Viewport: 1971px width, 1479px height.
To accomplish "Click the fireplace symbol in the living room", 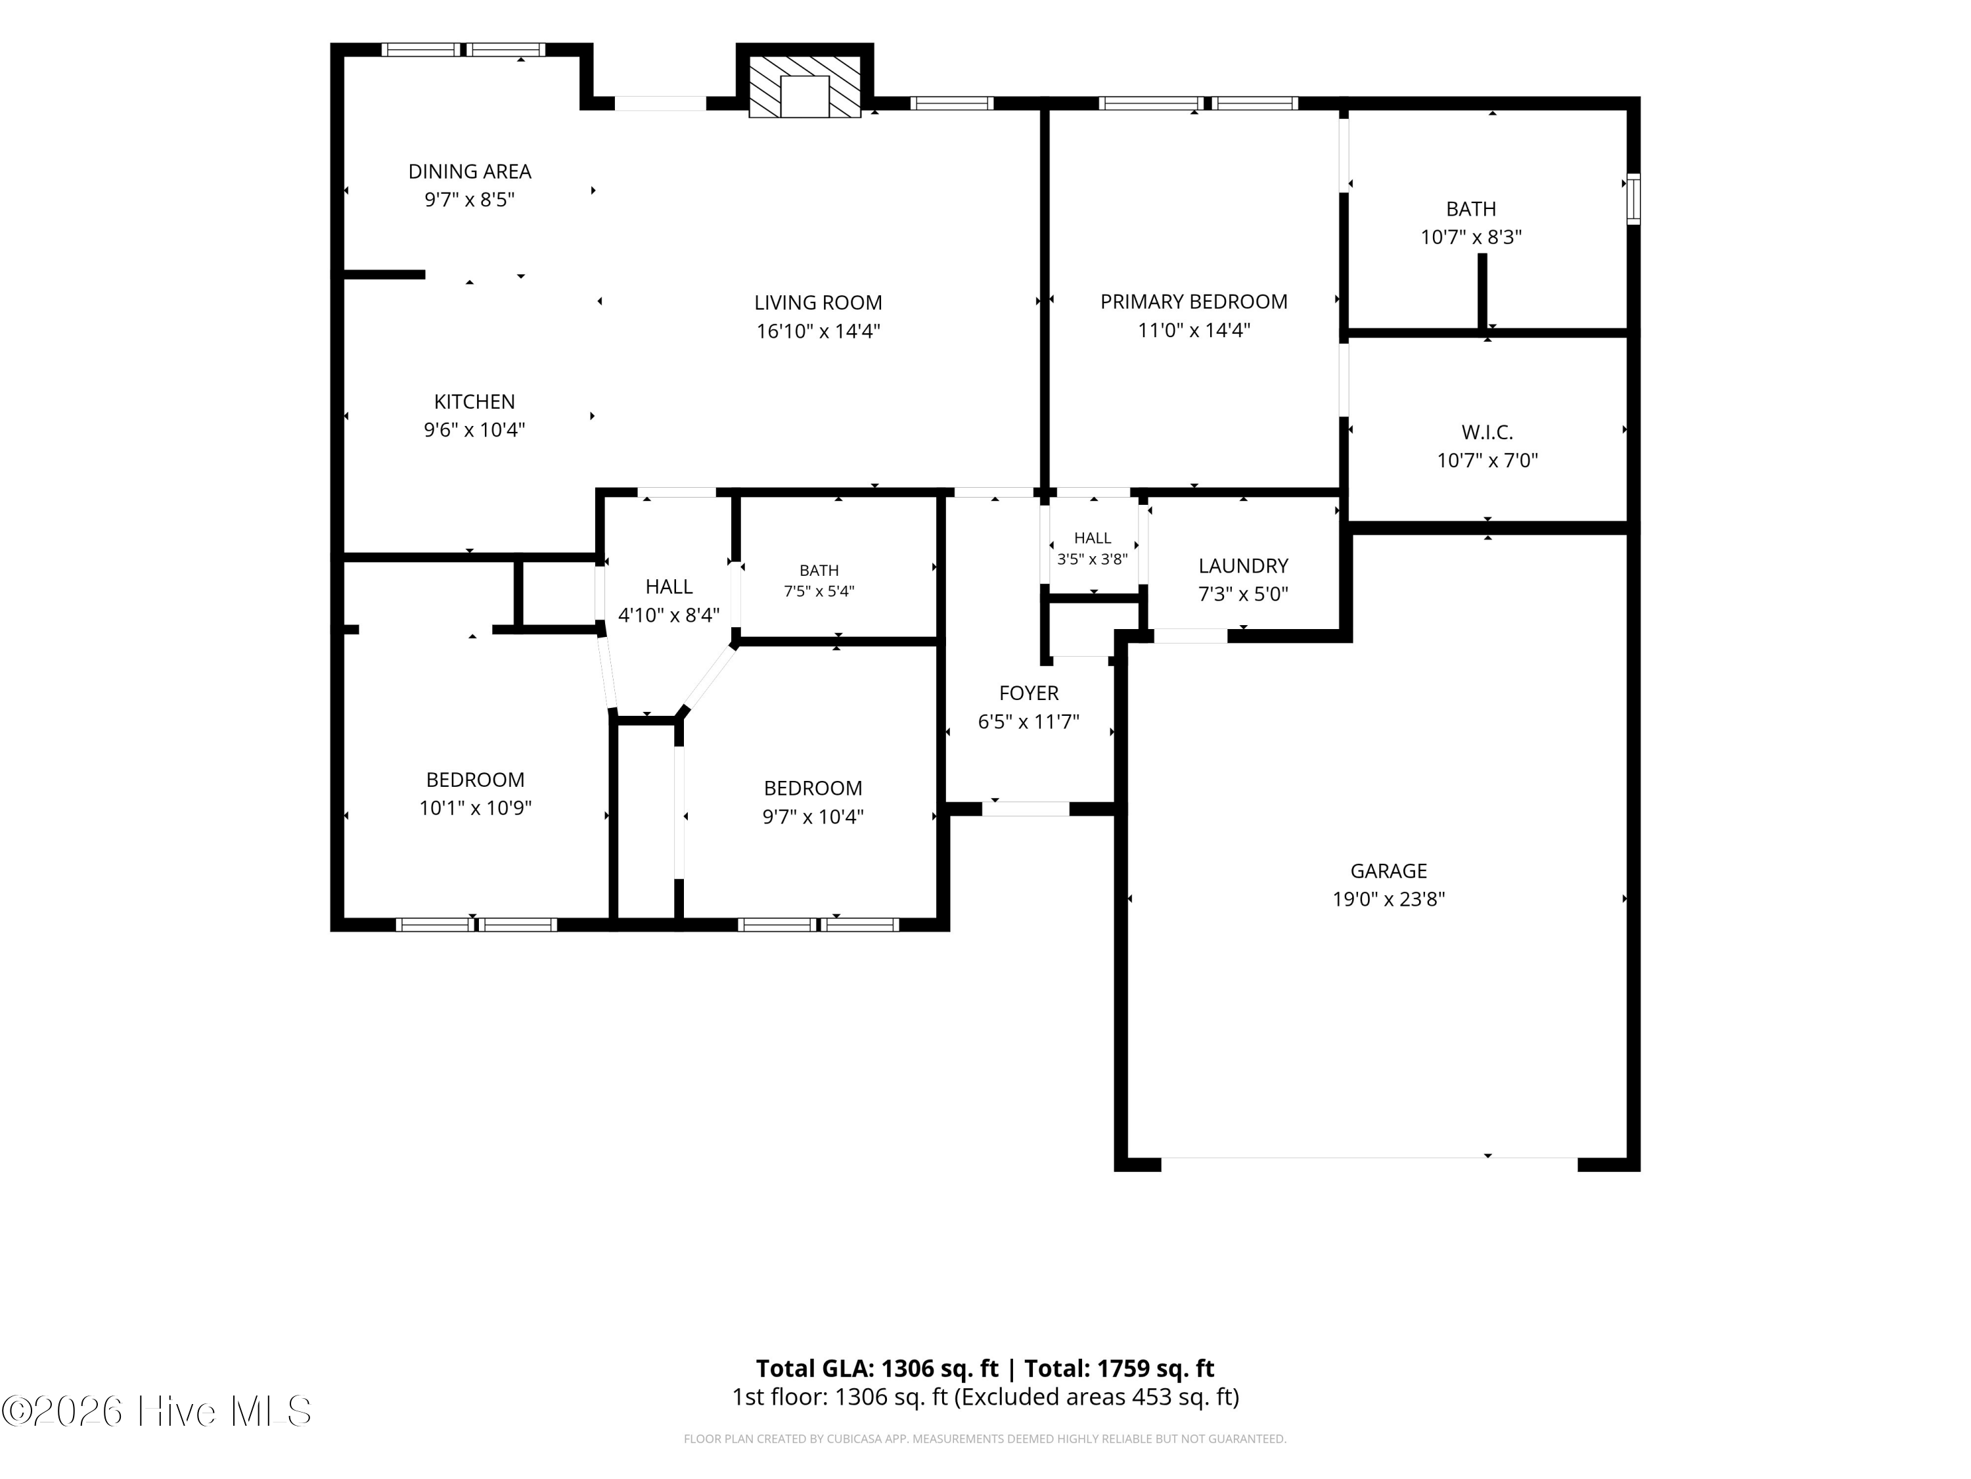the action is tap(805, 87).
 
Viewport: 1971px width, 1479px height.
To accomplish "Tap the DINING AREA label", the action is tap(470, 171).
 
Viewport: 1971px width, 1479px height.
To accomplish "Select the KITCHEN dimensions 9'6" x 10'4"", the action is tap(474, 430).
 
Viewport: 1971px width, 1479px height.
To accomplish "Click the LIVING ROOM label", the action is tap(818, 303).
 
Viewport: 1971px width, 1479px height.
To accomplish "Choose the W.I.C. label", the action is tap(1487, 433).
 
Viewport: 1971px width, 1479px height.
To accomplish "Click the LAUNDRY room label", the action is tap(1243, 566).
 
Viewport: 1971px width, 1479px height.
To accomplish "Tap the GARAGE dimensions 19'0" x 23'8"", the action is tap(1388, 899).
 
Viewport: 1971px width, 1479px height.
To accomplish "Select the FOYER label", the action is tap(1029, 693).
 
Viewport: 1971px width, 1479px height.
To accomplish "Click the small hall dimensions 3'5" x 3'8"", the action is tap(1093, 559).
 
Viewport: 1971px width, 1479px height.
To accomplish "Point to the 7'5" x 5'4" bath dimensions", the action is tap(819, 590).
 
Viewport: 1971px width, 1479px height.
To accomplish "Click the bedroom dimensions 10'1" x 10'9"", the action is tap(475, 808).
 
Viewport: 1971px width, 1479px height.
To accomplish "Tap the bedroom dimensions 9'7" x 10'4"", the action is tap(813, 816).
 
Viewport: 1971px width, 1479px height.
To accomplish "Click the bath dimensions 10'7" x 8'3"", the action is tap(1471, 237).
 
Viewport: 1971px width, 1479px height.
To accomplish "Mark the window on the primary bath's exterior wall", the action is tap(1633, 199).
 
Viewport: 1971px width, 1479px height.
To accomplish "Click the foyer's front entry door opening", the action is tap(1026, 809).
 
